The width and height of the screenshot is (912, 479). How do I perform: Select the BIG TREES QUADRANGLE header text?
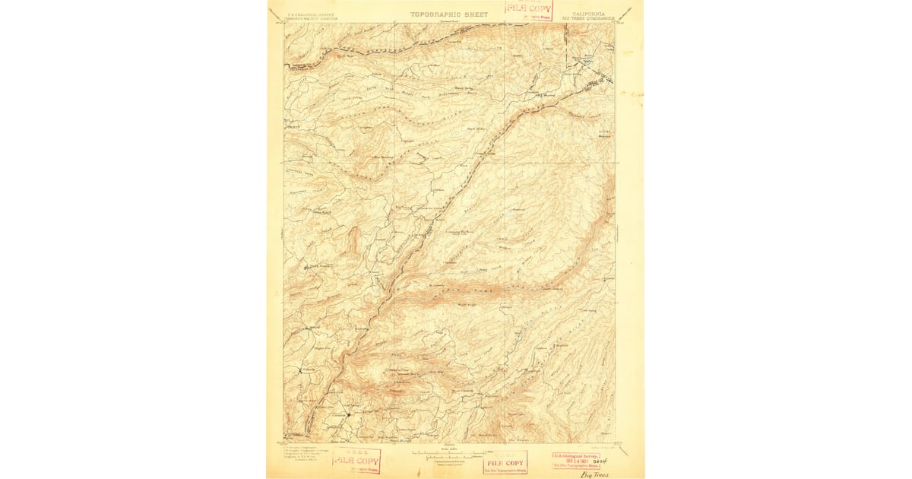coord(586,18)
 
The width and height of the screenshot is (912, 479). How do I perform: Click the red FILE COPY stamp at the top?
coord(529,10)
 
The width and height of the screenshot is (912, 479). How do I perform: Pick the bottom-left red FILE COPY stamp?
coord(356,461)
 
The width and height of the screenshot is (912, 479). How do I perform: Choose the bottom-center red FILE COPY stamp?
coord(505,462)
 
